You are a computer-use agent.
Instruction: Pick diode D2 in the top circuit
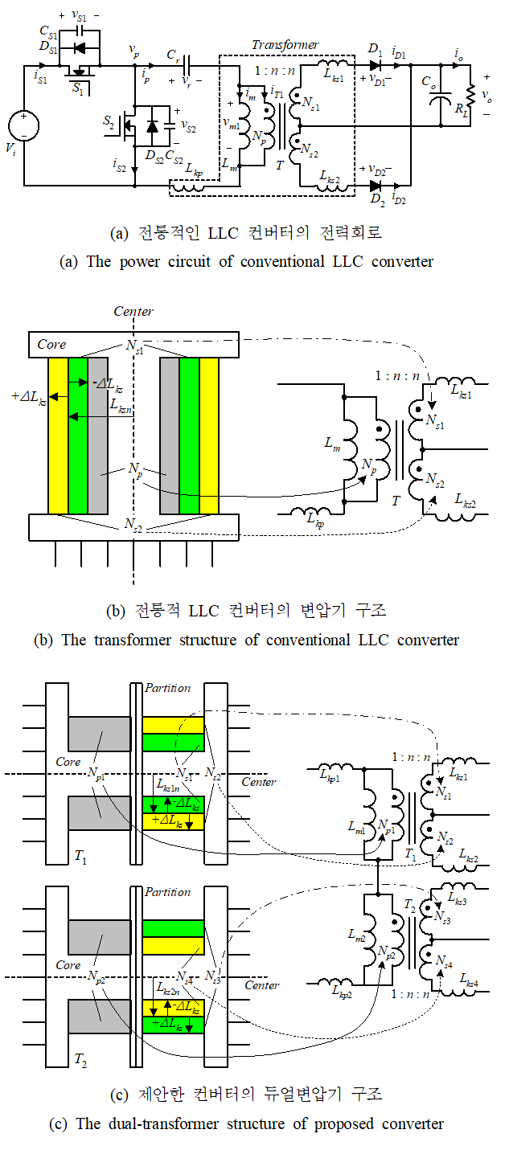coord(375,186)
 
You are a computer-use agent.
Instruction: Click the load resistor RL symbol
coord(471,96)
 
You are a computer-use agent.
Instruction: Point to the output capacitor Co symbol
coord(440,100)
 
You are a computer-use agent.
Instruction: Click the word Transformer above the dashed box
coord(285,45)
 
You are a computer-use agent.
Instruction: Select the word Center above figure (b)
coord(133,311)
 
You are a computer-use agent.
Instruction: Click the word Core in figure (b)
coord(51,344)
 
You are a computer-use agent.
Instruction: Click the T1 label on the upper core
coord(80,858)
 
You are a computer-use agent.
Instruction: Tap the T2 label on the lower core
coord(80,1061)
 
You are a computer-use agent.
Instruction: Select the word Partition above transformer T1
coord(167,688)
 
